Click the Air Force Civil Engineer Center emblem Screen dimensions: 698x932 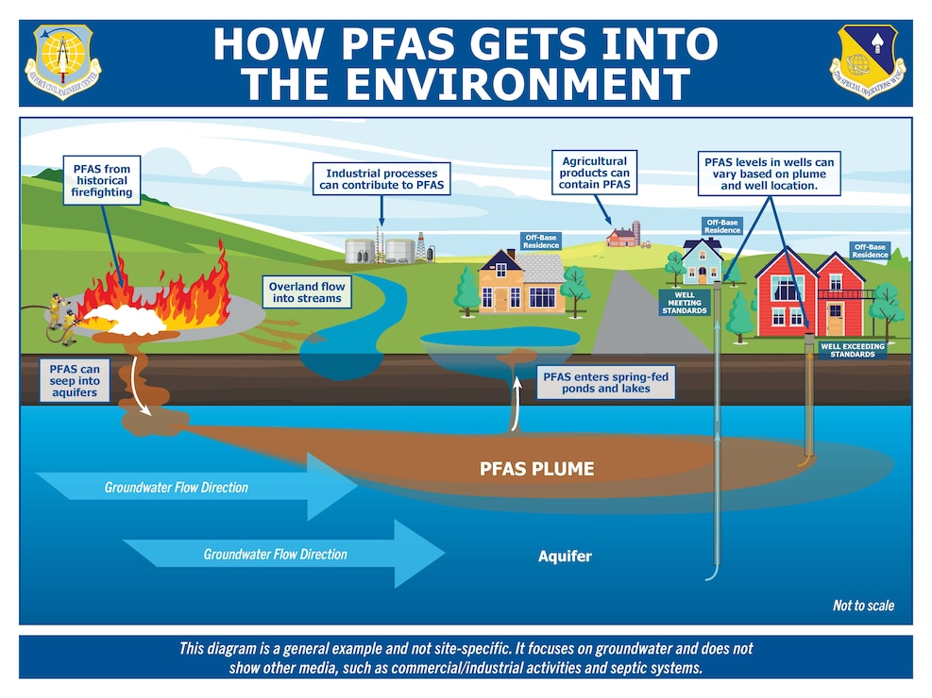68,63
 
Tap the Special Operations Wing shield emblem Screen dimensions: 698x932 868,63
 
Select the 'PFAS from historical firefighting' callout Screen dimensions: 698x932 101,181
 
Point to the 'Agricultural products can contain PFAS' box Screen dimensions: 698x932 594,174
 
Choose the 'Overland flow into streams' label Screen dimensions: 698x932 307,292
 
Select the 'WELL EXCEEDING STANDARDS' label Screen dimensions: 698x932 852,350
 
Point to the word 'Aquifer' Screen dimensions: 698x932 565,556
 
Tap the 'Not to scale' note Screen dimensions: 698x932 862,606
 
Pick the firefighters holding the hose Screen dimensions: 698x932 60,319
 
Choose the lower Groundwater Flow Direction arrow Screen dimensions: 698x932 283,554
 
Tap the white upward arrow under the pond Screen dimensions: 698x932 517,407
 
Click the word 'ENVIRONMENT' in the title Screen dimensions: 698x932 466,84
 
